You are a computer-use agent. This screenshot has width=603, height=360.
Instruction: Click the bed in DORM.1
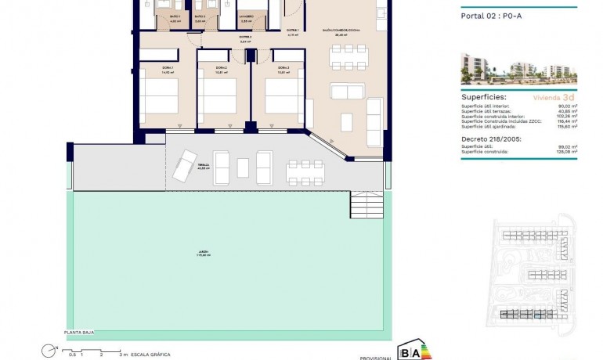(x=160, y=101)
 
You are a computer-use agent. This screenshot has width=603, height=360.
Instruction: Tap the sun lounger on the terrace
(x=186, y=165)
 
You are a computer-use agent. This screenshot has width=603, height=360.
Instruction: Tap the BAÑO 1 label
(x=175, y=17)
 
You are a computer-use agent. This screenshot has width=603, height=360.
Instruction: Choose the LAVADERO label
(x=245, y=17)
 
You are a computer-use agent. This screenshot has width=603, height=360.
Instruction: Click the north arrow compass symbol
(x=49, y=350)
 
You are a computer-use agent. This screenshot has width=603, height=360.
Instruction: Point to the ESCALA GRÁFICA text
(x=150, y=355)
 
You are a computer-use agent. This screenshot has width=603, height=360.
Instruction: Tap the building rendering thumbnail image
(x=518, y=70)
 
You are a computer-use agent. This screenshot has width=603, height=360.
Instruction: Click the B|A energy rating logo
(x=414, y=350)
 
